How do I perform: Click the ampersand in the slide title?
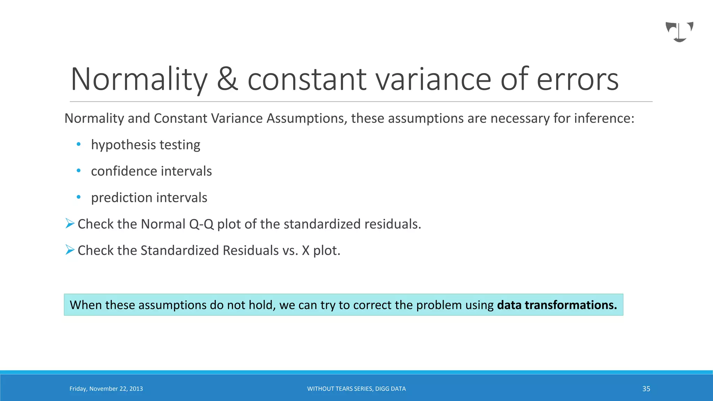[x=227, y=79]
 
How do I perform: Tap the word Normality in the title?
[x=139, y=79]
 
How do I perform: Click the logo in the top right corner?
[x=679, y=32]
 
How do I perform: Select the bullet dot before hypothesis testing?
[x=79, y=144]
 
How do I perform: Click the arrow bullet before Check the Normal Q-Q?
[x=70, y=223]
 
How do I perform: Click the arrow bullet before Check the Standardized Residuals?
[x=70, y=250]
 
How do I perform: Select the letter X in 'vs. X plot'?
[x=306, y=251]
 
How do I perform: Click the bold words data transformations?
[x=557, y=305]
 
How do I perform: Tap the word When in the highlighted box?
[x=86, y=305]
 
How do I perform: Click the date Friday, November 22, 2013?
[x=106, y=389]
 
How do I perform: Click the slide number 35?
[x=646, y=389]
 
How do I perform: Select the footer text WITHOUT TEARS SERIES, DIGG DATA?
[x=356, y=389]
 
